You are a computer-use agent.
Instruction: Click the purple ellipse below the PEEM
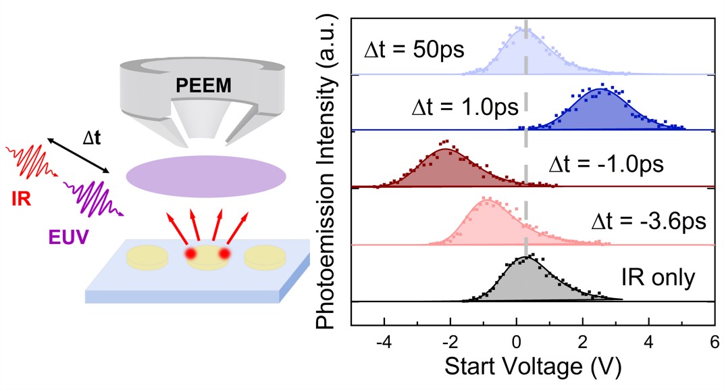(207, 174)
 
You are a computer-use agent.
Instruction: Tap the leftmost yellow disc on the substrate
(149, 257)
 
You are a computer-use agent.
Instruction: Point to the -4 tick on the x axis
(384, 341)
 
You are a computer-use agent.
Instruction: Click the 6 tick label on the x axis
(715, 341)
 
